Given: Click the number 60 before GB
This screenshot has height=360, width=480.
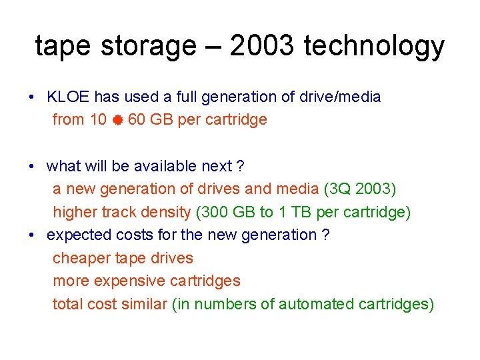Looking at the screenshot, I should (137, 120).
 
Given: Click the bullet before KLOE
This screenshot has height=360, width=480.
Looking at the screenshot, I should (32, 97).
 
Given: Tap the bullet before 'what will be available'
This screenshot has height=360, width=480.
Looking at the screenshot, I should (32, 167).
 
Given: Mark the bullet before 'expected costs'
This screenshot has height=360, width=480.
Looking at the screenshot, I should (32, 235).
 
